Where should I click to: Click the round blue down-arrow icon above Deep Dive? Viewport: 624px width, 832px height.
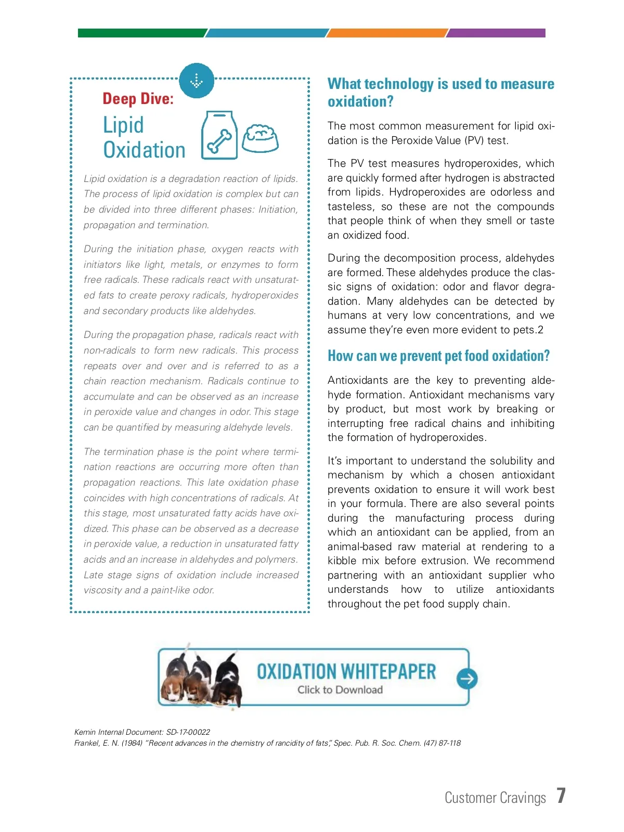tap(197, 81)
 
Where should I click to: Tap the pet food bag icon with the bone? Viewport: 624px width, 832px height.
tap(219, 135)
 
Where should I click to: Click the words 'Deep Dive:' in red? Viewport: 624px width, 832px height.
tap(138, 99)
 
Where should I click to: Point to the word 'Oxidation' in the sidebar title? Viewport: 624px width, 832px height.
tap(144, 150)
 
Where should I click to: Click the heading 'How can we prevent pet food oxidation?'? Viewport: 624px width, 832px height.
tap(438, 356)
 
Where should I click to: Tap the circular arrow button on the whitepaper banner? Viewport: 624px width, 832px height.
tap(466, 679)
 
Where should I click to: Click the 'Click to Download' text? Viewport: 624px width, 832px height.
tap(340, 690)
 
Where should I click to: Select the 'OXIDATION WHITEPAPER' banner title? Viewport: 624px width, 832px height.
tap(346, 671)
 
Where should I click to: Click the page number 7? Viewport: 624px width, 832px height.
tap(561, 796)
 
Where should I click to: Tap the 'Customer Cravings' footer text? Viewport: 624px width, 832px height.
tap(495, 798)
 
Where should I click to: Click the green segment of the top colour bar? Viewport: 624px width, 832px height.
tap(141, 33)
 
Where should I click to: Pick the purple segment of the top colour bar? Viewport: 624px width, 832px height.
tap(497, 33)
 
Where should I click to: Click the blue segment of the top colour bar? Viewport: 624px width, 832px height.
tap(266, 33)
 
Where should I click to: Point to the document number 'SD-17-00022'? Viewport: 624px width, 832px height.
tap(188, 732)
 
